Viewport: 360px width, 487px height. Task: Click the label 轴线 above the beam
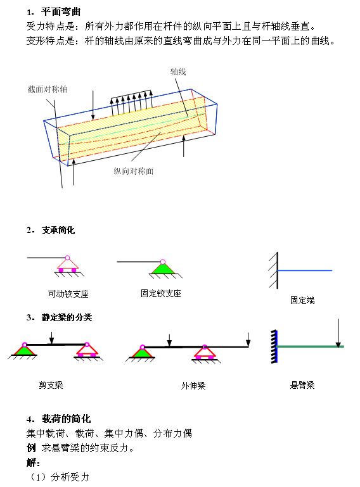pyautogui.click(x=178, y=72)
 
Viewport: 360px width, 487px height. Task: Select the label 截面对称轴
pyautogui.click(x=48, y=89)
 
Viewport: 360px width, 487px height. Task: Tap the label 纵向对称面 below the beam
pyautogui.click(x=133, y=171)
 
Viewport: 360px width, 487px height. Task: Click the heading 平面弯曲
pyautogui.click(x=61, y=12)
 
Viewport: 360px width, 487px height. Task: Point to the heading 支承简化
pyautogui.click(x=58, y=230)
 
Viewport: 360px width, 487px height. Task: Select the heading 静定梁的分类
pyautogui.click(x=67, y=317)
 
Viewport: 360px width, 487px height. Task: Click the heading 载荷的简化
pyautogui.click(x=66, y=419)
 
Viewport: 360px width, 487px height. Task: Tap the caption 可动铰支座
pyautogui.click(x=68, y=294)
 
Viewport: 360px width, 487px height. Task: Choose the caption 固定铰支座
pyautogui.click(x=161, y=293)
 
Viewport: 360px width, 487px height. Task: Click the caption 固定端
pyautogui.click(x=302, y=300)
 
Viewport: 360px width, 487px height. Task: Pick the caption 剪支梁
pyautogui.click(x=51, y=385)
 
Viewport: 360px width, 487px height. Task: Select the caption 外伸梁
pyautogui.click(x=193, y=386)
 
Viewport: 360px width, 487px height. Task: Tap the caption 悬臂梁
pyautogui.click(x=302, y=385)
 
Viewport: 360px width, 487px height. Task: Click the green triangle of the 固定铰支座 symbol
pyautogui.click(x=163, y=269)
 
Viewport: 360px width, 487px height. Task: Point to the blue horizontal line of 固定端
pyautogui.click(x=305, y=270)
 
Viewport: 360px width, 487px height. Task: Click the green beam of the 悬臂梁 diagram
pyautogui.click(x=310, y=346)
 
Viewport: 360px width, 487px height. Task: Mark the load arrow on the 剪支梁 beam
pyautogui.click(x=51, y=338)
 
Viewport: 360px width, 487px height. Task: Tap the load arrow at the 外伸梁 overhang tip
pyautogui.click(x=248, y=339)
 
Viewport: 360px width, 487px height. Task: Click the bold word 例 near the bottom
pyautogui.click(x=31, y=448)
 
